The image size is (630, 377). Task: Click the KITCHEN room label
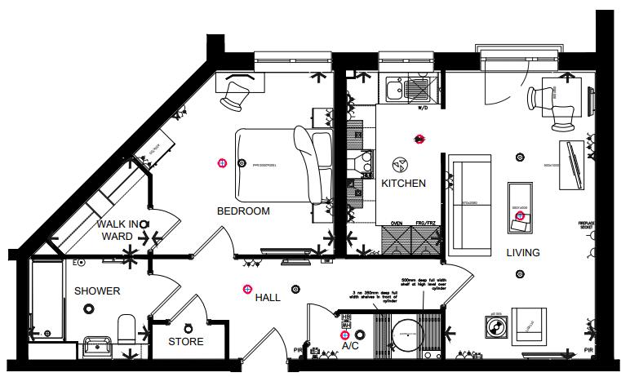coord(403,184)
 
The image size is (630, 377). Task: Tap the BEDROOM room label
coord(242,211)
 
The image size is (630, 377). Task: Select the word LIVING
coord(522,253)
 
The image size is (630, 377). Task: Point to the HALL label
coord(268,298)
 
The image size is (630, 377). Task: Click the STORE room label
coord(186,341)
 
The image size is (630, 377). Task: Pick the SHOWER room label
coord(97,291)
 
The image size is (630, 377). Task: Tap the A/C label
coord(350,346)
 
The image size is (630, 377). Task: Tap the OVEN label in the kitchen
coord(397,222)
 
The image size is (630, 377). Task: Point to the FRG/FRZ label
coord(424,222)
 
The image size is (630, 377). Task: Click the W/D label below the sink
coord(423,108)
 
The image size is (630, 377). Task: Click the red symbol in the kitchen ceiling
coord(419,140)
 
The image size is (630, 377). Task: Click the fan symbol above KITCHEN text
coord(400,162)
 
